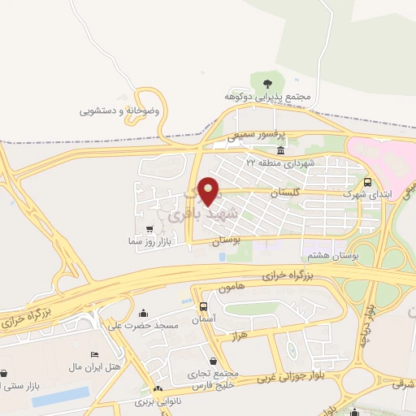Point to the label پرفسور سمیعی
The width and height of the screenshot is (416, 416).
point(251,138)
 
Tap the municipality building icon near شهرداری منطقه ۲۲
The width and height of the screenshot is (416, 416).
point(280,151)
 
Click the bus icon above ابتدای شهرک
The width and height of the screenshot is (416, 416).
point(368,182)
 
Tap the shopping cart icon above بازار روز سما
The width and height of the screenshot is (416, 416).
point(149,228)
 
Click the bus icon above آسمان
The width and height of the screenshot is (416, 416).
point(202,306)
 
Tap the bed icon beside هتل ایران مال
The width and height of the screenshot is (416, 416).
point(94,355)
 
